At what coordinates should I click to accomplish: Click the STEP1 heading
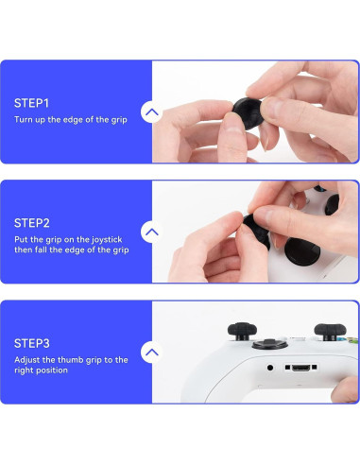31,102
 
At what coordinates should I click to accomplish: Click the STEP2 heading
31,223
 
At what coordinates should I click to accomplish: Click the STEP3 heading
31,343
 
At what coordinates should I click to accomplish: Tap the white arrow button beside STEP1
151,112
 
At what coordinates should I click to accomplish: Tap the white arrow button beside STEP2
151,232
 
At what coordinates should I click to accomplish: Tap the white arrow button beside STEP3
151,353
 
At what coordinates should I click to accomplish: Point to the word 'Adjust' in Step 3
27,360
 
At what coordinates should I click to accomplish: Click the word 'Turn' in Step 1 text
24,120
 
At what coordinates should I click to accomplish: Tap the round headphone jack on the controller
271,368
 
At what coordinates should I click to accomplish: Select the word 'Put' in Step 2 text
22,240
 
